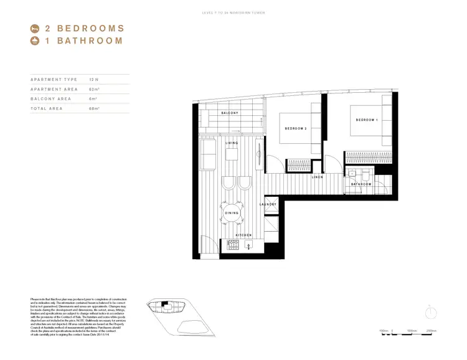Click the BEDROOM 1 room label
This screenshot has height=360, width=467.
point(367,120)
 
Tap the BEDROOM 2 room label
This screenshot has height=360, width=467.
point(296,128)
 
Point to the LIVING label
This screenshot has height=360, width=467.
point(232,143)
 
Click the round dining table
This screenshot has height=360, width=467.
point(232,213)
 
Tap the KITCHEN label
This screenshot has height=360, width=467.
point(243,235)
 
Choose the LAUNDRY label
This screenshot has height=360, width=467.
point(268,204)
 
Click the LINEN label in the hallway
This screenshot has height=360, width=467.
point(317,178)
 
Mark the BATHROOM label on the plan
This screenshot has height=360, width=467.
point(361,184)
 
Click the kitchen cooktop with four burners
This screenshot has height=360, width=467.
point(233,245)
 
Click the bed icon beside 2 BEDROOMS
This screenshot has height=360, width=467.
point(35,28)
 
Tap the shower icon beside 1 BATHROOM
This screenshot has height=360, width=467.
point(35,42)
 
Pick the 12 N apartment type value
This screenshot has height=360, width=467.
point(94,80)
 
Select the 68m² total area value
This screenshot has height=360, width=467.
point(94,108)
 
